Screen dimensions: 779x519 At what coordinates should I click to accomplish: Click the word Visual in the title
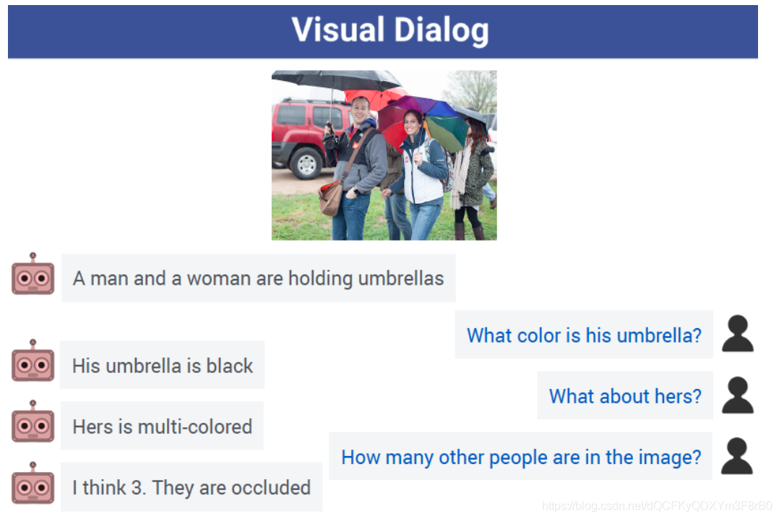(x=338, y=30)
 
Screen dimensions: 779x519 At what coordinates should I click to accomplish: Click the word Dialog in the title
(x=442, y=31)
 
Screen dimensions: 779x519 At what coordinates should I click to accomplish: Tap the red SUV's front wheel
(x=306, y=163)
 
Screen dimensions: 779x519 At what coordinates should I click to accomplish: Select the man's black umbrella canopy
(x=336, y=80)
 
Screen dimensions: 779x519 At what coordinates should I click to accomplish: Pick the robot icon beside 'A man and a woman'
(x=33, y=275)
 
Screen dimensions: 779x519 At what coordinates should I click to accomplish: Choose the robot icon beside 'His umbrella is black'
(x=33, y=361)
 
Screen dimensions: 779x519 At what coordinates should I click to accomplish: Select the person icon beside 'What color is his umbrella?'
(x=738, y=334)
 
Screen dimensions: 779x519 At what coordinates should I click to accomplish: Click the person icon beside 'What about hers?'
(x=738, y=395)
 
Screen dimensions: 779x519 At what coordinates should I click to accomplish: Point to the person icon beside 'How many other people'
(x=737, y=456)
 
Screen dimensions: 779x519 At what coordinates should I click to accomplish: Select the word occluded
(x=271, y=488)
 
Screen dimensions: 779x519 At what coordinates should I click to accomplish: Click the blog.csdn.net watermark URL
(x=657, y=505)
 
